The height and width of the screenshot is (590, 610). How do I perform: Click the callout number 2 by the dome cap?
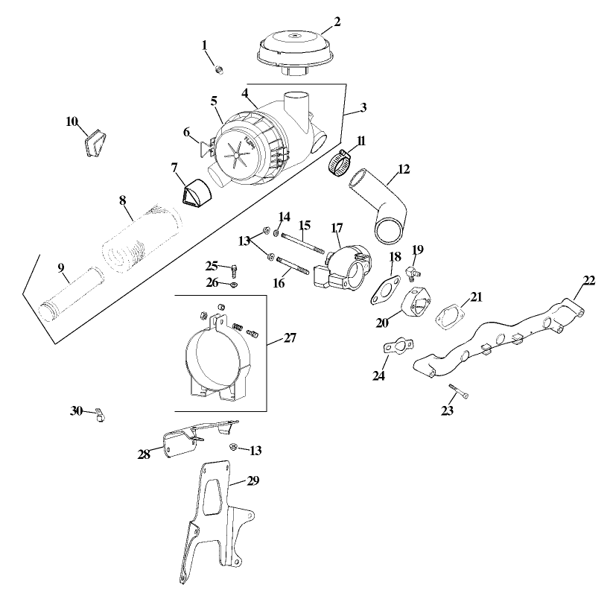coord(337,22)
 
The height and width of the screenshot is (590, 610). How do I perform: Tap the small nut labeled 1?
coord(220,69)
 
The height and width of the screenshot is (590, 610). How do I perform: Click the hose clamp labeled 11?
coord(340,164)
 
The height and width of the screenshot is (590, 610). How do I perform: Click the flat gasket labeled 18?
coord(384,289)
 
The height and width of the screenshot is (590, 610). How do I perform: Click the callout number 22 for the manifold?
coord(589,279)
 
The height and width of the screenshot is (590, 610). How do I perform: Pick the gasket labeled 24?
coord(397,347)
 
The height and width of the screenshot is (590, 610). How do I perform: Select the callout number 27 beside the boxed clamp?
coord(290,338)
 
